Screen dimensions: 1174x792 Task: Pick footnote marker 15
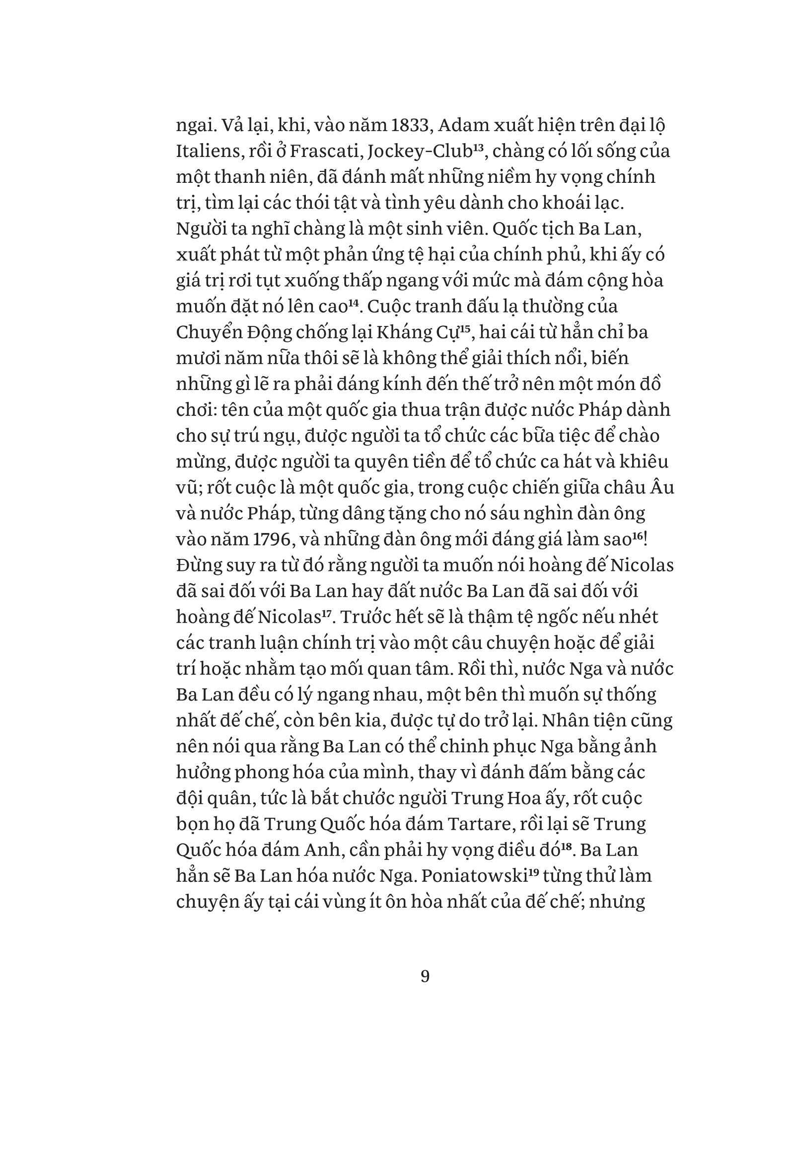464,328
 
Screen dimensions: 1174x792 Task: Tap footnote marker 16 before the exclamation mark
638,535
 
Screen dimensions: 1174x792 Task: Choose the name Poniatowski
474,875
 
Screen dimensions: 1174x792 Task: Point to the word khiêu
646,461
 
